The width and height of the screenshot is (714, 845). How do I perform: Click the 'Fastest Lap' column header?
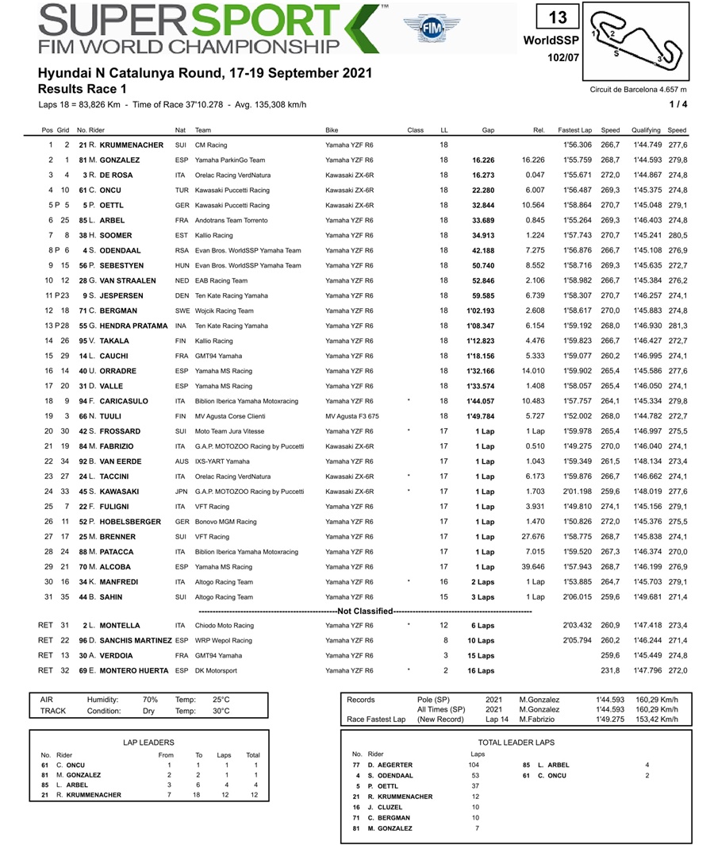574,129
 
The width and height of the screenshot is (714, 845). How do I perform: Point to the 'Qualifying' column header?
647,129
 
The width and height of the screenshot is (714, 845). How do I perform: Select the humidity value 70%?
150,700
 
